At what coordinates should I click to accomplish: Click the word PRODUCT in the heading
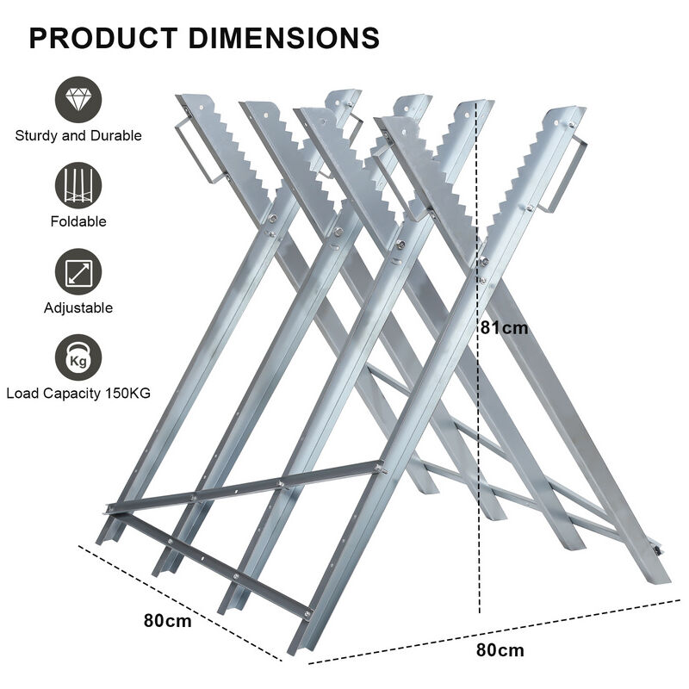pyautogui.click(x=103, y=38)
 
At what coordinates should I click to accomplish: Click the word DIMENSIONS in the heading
pyautogui.click(x=284, y=38)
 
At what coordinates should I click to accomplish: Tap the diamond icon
pyautogui.click(x=78, y=100)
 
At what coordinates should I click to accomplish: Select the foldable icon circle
pyautogui.click(x=78, y=186)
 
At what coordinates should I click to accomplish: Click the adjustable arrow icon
pyautogui.click(x=78, y=272)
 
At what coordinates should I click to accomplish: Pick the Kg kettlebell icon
pyautogui.click(x=78, y=357)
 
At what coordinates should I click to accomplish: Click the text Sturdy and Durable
pyautogui.click(x=78, y=136)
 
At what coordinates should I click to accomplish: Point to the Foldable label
pyautogui.click(x=78, y=221)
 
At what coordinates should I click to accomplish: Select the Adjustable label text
pyautogui.click(x=78, y=307)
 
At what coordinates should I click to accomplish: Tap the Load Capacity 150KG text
pyautogui.click(x=78, y=394)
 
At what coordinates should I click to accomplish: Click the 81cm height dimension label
pyautogui.click(x=504, y=328)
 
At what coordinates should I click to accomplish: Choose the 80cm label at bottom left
pyautogui.click(x=167, y=621)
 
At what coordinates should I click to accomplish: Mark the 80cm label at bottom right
pyautogui.click(x=500, y=650)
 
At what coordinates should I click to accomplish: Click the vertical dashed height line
pyautogui.click(x=478, y=357)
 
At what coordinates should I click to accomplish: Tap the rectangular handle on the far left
pyautogui.click(x=196, y=149)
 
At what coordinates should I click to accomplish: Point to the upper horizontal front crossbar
pyautogui.click(x=245, y=487)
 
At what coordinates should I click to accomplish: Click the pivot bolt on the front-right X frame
pyautogui.click(x=484, y=262)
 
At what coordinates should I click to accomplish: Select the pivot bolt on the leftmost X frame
pyautogui.click(x=273, y=218)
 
